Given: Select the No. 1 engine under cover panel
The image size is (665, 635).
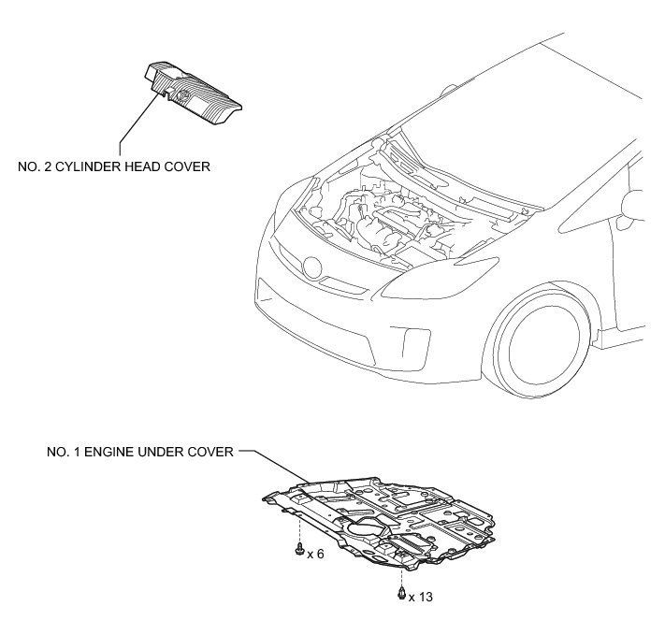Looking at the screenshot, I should coord(393,519).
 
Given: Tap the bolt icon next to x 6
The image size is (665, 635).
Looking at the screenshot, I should coord(297,550).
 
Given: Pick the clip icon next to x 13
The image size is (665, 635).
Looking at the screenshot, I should coord(401,594).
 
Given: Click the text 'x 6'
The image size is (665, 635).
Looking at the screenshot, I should coord(315,555).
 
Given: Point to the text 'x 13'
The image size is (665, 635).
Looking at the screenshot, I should coord(421,596).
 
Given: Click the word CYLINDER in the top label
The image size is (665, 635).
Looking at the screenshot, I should coord(94,167).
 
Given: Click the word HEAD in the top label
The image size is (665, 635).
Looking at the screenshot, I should coord(146,167).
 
